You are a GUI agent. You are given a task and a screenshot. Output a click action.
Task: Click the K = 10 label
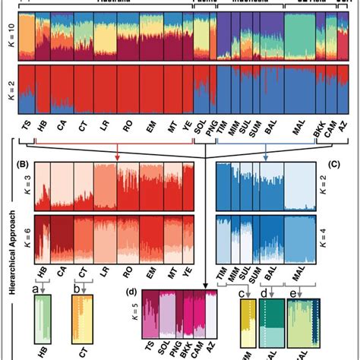[x=8, y=36]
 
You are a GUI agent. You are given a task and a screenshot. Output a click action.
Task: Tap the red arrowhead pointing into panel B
[x=117, y=157]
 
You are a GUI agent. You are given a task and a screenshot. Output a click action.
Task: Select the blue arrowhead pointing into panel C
[x=265, y=157]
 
